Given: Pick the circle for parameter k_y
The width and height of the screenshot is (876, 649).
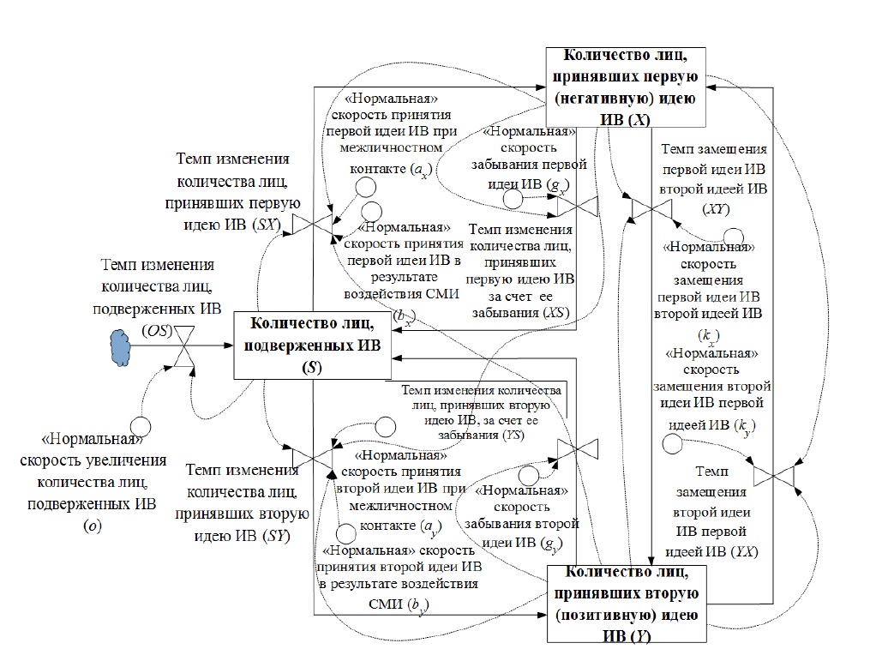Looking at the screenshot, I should tap(671, 442).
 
